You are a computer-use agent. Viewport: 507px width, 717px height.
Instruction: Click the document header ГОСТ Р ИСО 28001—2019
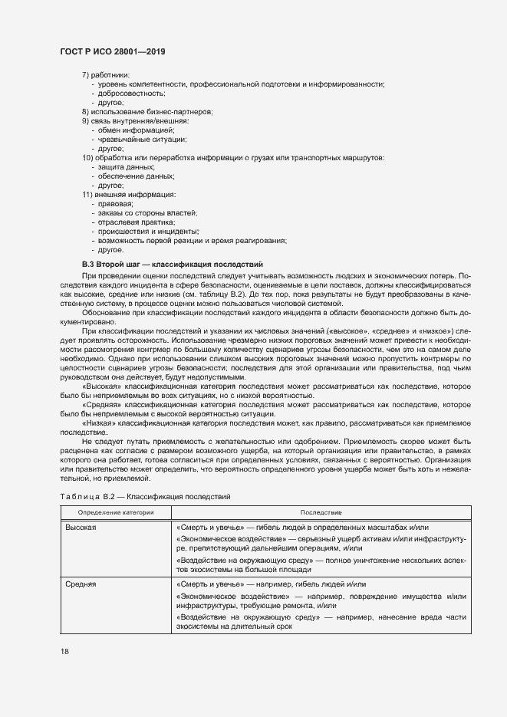coord(112,51)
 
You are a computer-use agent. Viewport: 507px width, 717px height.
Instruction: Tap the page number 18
coord(64,651)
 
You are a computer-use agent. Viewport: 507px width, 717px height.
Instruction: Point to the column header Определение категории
coord(115,511)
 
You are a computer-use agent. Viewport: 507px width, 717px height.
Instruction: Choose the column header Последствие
coord(321,511)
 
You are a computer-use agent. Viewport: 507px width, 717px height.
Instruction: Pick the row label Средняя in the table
coord(81,584)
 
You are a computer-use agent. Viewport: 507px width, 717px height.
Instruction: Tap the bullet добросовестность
coord(127,92)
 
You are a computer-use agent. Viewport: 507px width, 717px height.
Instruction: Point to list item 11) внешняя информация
coord(129,194)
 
